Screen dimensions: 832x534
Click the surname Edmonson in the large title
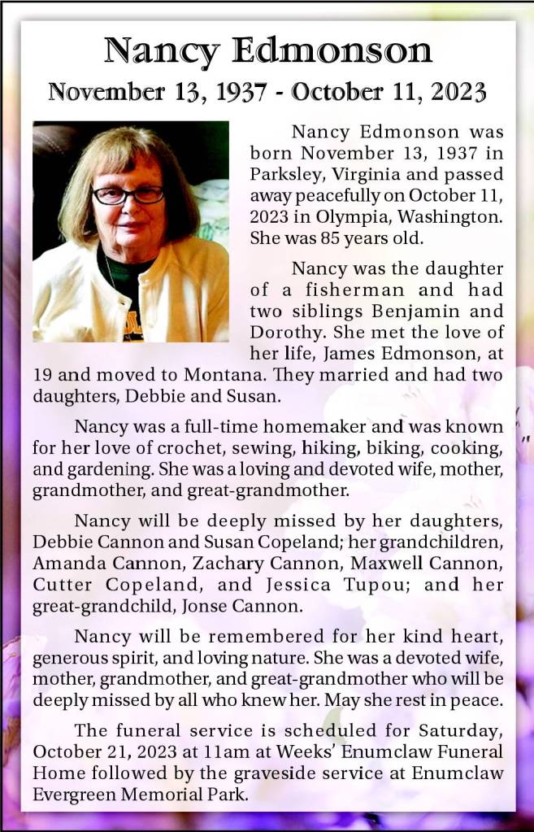click(332, 51)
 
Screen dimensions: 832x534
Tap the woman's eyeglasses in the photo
click(128, 194)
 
